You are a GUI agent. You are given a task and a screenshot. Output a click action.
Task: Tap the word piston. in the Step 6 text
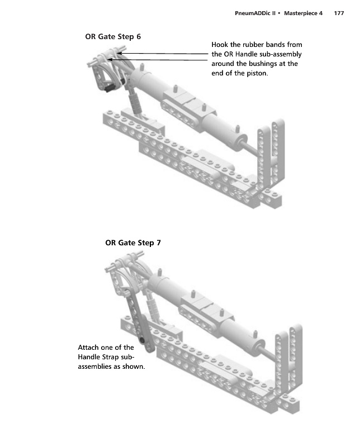point(257,73)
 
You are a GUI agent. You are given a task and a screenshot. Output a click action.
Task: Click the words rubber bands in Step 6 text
point(262,45)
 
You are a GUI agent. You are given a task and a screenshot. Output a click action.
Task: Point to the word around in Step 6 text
point(224,64)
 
